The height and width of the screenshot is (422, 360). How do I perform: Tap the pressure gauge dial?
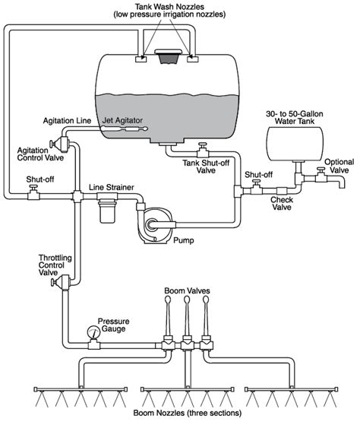(93, 332)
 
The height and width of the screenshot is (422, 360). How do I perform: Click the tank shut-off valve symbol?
(202, 148)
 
